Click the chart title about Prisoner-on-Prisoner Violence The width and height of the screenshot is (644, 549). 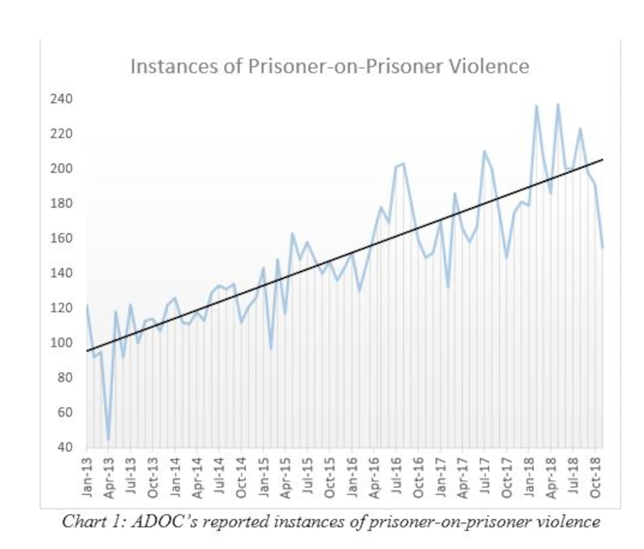329,66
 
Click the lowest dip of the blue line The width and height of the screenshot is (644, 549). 108,439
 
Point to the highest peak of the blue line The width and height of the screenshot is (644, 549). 558,104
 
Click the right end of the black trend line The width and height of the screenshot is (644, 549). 603,160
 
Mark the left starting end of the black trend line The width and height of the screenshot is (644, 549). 87,351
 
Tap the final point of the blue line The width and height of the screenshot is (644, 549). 603,247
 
